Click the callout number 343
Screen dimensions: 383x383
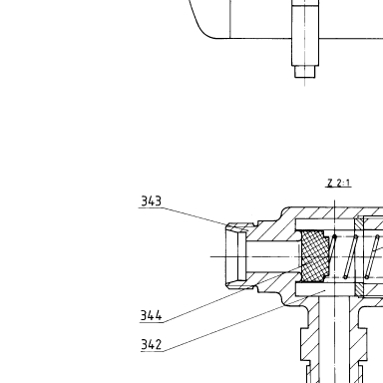click(152, 201)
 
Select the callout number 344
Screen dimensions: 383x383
click(152, 315)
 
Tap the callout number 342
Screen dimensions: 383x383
click(152, 344)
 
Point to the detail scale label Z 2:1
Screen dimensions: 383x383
click(339, 183)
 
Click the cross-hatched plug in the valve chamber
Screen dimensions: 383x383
click(315, 255)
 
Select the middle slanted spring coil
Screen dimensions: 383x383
click(351, 256)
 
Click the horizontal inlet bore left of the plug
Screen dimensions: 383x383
click(273, 256)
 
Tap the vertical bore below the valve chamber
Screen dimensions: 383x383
click(334, 339)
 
